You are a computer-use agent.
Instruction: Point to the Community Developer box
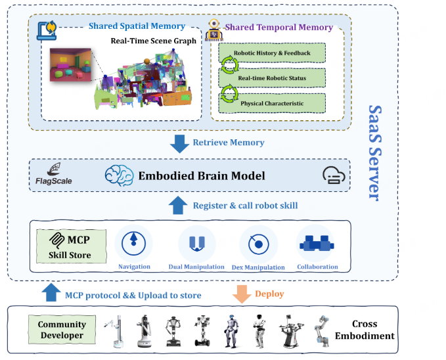tap(61, 330)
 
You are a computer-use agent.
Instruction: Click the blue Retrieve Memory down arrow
tap(178, 143)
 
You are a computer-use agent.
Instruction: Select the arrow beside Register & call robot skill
tap(178, 205)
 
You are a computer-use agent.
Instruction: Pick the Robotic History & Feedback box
tap(272, 53)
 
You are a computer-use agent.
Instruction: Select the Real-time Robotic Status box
tap(272, 78)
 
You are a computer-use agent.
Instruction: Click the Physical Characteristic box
tap(272, 103)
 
